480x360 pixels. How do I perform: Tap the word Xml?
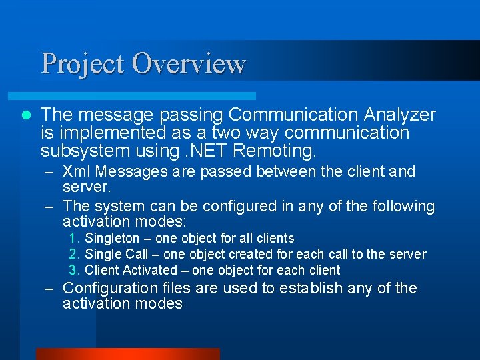75,171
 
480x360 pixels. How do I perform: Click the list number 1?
74,239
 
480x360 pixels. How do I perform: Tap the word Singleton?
112,239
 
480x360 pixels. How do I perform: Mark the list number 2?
74,255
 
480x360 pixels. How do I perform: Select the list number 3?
74,271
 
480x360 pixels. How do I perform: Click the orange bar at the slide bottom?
127,354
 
